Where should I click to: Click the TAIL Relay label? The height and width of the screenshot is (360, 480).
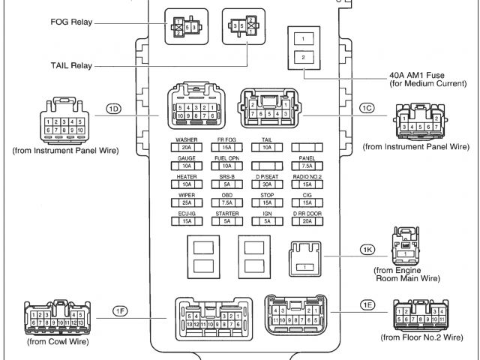coord(72,66)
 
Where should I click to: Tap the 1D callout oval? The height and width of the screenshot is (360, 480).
coord(114,109)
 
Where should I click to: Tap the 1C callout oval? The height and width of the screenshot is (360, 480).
coord(366,109)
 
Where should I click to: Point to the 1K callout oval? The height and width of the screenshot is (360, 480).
coord(366,248)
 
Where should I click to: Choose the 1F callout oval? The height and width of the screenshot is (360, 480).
coord(120,310)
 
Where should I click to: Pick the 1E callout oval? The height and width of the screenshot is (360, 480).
coord(367,305)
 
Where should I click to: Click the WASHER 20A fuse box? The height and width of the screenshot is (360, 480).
coord(187,148)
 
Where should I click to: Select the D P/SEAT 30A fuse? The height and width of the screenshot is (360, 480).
coord(266,184)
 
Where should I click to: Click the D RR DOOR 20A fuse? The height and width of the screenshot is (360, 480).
coord(307,220)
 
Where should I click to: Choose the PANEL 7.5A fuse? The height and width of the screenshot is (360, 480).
coord(307,166)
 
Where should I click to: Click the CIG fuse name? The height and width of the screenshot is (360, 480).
coord(307,195)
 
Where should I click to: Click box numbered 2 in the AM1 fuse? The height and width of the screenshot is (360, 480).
coord(303,57)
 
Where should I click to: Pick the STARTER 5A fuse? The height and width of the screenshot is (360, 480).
coord(226,220)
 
